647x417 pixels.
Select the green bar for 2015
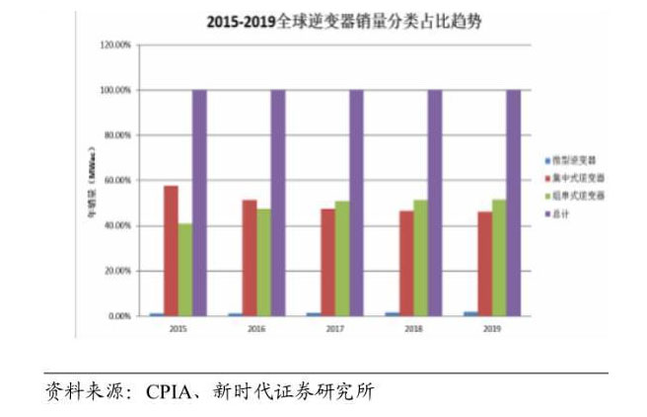[185, 269]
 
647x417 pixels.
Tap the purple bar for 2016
[277, 203]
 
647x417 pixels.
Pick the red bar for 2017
[327, 262]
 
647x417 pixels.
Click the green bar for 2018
[420, 258]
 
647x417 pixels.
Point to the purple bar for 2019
[513, 203]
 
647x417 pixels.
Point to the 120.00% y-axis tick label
[116, 45]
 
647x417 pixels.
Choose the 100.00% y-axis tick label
[116, 91]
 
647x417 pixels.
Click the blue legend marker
[547, 161]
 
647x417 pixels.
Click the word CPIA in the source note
[167, 391]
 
